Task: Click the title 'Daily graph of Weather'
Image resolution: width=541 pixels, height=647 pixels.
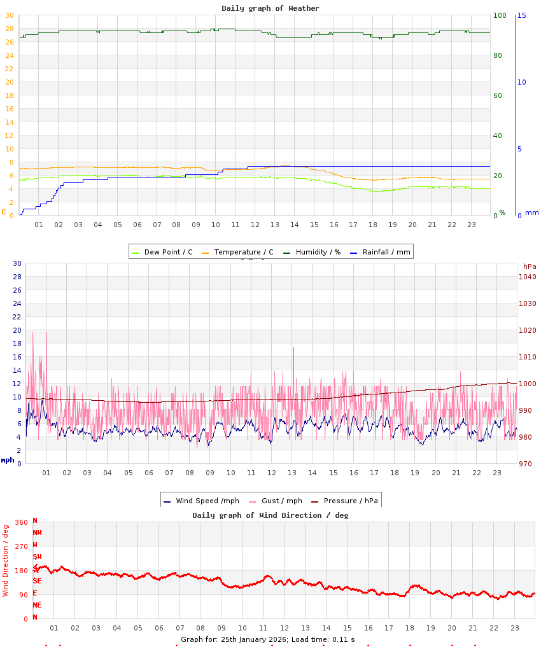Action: (x=270, y=8)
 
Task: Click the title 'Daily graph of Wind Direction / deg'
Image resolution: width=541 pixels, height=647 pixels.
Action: (x=270, y=515)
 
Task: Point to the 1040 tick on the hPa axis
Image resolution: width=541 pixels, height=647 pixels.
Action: (x=528, y=277)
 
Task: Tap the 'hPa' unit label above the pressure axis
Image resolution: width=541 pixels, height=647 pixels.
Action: (x=530, y=266)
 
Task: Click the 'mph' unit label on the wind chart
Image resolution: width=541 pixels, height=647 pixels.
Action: (x=8, y=460)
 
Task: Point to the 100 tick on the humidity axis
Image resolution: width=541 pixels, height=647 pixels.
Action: (x=500, y=15)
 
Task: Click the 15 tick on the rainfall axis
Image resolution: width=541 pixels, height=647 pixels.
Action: (x=522, y=15)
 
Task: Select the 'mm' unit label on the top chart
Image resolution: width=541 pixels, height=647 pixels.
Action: (x=531, y=212)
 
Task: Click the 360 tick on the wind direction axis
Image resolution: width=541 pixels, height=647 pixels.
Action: (x=21, y=522)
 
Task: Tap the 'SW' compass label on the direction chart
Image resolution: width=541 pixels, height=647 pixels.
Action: (x=37, y=557)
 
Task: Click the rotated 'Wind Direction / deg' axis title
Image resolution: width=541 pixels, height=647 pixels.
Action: (x=6, y=560)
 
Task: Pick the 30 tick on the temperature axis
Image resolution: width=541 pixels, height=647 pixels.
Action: (x=9, y=15)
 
